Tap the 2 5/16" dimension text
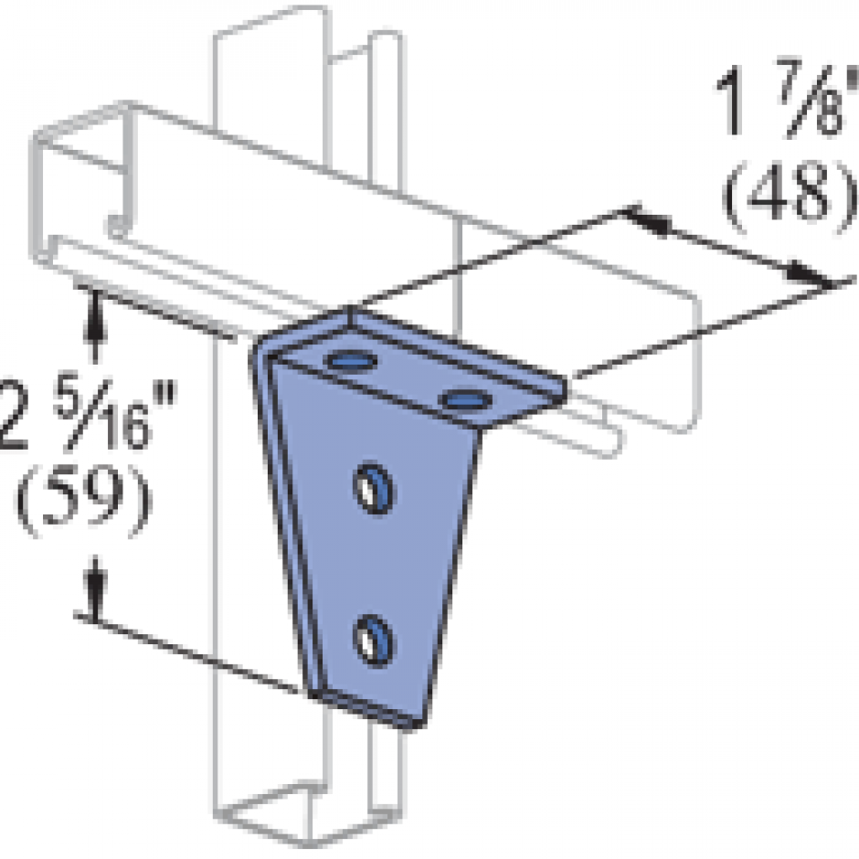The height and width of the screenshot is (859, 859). tap(73, 416)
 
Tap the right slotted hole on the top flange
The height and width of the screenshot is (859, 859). tap(465, 398)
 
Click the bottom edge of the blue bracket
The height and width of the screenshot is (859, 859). tap(370, 712)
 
